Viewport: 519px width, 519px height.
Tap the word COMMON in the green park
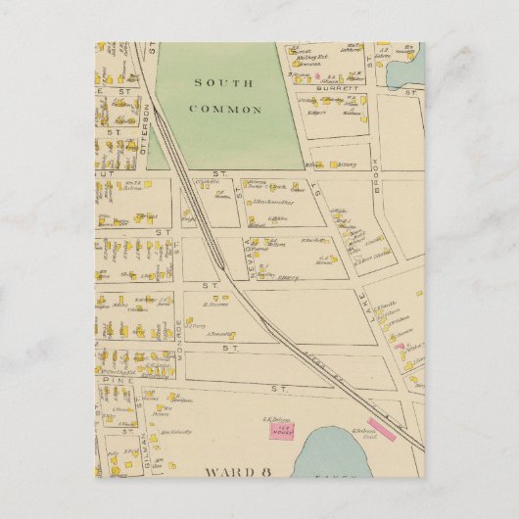(x=227, y=110)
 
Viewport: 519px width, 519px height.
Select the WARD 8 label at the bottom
(x=237, y=471)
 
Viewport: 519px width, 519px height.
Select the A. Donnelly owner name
(x=219, y=336)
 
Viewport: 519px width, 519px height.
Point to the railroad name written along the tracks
(x=322, y=362)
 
